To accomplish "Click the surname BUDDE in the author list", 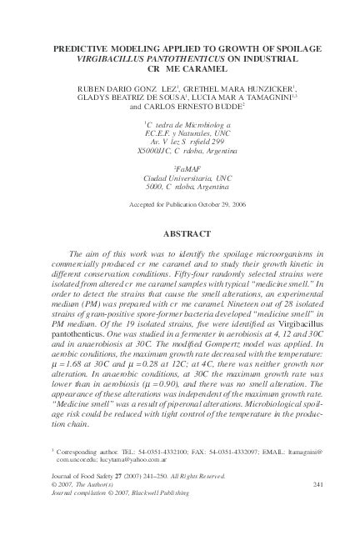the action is pyautogui.click(x=207, y=107).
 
